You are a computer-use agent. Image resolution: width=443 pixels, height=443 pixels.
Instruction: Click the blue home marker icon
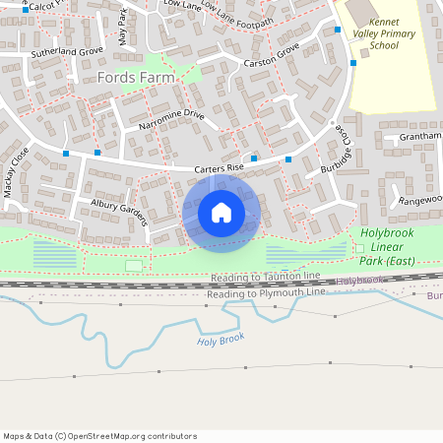pos(221,212)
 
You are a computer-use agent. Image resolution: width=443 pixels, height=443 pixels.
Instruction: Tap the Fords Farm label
pos(136,77)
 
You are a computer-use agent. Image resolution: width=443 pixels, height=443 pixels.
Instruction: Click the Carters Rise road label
pos(218,168)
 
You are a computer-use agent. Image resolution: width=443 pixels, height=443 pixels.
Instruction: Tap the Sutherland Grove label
pos(66,50)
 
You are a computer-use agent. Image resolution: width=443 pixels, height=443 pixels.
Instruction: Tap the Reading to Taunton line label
pos(265,279)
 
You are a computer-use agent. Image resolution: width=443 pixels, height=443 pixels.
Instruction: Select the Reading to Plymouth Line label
pos(266,293)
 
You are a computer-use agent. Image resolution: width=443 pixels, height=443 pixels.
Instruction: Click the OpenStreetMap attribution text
pos(100,435)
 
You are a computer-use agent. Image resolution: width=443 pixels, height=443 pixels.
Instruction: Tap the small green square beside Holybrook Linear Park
pos(358,246)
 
